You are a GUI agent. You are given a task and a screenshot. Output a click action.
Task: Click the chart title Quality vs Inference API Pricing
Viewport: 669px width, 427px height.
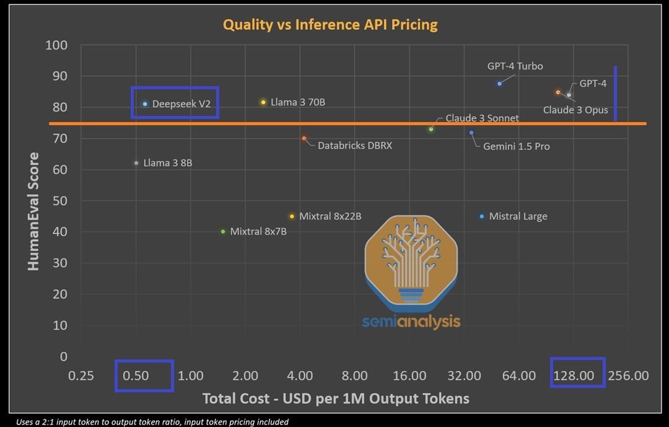[330, 25]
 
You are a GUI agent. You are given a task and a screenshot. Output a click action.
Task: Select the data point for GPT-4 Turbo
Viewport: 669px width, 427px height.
[499, 84]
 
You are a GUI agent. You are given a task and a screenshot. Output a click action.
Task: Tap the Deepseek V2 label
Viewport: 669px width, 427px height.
[181, 104]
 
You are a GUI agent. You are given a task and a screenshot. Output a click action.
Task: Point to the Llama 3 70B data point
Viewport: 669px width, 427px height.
[263, 102]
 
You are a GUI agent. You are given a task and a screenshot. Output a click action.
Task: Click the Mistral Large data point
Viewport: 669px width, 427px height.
[482, 216]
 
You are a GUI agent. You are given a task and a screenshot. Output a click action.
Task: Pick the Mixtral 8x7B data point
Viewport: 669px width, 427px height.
[223, 231]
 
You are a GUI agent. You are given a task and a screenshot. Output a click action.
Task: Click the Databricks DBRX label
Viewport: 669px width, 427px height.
[354, 146]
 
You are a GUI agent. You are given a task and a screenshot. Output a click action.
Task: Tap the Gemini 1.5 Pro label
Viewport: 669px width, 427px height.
[516, 146]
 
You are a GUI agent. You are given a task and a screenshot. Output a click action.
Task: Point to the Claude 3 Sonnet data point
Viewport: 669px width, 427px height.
[431, 129]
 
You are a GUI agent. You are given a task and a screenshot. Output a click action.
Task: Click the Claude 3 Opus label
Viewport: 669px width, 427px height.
[575, 110]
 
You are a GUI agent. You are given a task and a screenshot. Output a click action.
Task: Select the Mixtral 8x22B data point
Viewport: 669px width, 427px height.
[292, 216]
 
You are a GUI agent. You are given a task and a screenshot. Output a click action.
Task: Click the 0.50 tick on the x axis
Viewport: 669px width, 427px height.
[136, 376]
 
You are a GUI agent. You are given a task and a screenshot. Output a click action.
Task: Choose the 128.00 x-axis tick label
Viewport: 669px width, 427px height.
[574, 376]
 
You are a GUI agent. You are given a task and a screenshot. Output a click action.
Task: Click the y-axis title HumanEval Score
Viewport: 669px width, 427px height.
[33, 211]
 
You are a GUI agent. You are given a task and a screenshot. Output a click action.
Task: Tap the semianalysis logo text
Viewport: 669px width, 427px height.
[411, 321]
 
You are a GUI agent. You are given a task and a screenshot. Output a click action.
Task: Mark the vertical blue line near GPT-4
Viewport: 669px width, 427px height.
[615, 93]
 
